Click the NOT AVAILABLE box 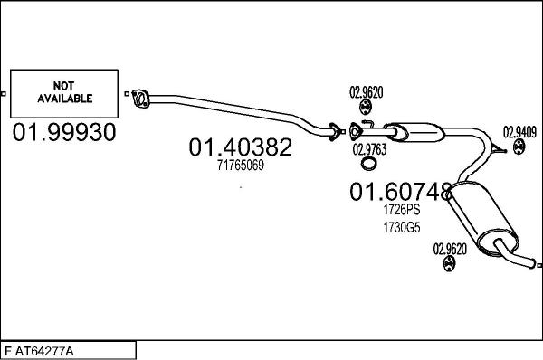point(63,93)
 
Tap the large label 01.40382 point(240,147)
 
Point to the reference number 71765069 point(240,166)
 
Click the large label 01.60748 point(400,192)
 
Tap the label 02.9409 point(519,129)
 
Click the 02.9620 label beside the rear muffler point(450,248)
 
